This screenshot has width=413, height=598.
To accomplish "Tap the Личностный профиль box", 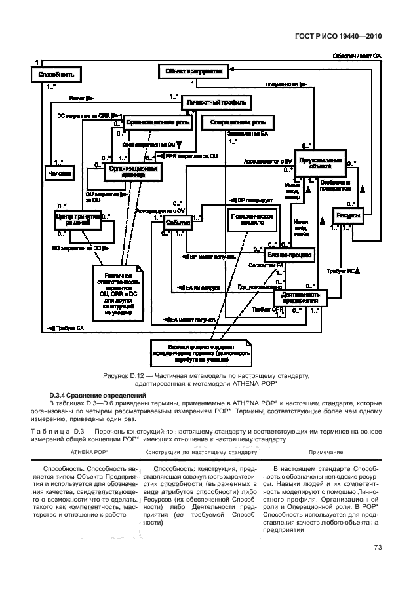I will click(x=216, y=103).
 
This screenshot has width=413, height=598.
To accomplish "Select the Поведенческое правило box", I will click(x=251, y=219).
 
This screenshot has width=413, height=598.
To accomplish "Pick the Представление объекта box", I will click(x=319, y=163).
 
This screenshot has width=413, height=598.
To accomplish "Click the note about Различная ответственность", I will click(x=117, y=293).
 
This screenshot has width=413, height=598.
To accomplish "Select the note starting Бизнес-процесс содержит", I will click(x=199, y=352).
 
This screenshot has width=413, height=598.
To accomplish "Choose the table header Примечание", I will click(x=321, y=451).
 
